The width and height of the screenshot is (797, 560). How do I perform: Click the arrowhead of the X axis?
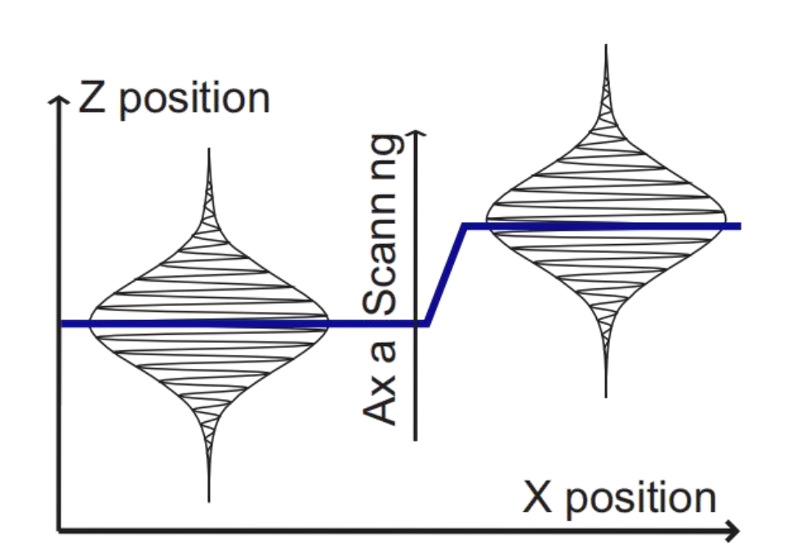pyautogui.click(x=735, y=531)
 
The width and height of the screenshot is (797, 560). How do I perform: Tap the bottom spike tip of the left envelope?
pyautogui.click(x=209, y=500)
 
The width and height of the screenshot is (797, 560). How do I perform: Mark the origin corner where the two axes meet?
pyautogui.click(x=59, y=531)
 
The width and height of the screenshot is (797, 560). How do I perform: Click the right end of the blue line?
pyautogui.click(x=738, y=225)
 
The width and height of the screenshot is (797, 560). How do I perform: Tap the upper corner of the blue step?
pyautogui.click(x=465, y=226)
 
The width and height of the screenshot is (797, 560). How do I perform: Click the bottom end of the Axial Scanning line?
pyautogui.click(x=416, y=439)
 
